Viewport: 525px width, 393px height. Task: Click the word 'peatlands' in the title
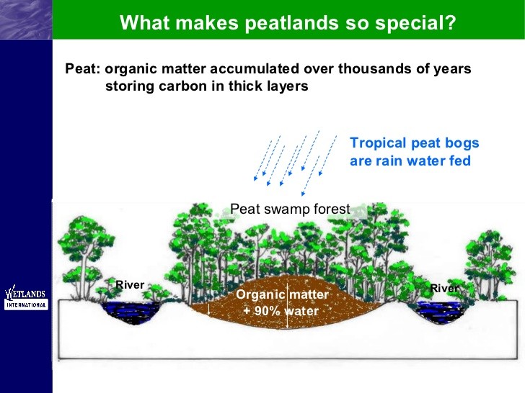tap(291, 23)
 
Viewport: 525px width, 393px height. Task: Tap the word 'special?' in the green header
tap(415, 23)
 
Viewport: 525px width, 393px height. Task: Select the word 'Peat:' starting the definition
tap(83, 68)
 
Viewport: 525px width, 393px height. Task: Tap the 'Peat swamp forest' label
tap(290, 209)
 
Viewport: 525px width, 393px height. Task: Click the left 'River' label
tap(130, 285)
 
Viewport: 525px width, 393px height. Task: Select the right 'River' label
tap(444, 288)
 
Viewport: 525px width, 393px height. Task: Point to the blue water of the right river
tap(437, 310)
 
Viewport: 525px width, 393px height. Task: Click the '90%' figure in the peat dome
tap(267, 311)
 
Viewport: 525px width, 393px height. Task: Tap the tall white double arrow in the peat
tap(287, 306)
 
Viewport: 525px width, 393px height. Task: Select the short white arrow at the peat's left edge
tap(208, 309)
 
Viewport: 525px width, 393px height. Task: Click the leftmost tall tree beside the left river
tap(84, 258)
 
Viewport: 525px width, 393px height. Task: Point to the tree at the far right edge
tap(490, 266)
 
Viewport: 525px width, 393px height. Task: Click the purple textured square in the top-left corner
tap(26, 19)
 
